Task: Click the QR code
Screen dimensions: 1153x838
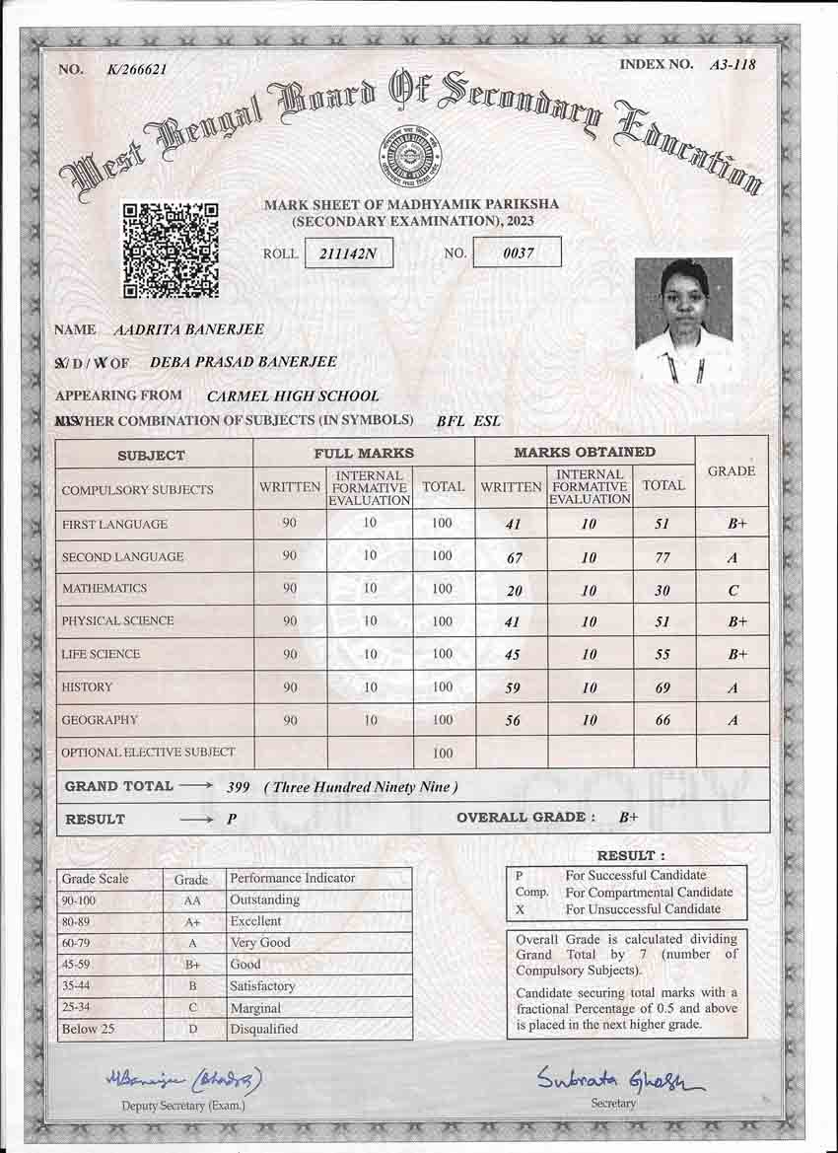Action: (170, 251)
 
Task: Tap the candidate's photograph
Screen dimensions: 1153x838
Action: (683, 321)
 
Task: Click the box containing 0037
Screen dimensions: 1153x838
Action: (518, 252)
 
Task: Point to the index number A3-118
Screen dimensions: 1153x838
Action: (733, 65)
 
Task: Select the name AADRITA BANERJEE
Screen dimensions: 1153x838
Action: (189, 329)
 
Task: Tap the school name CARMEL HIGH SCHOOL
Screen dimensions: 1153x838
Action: (293, 396)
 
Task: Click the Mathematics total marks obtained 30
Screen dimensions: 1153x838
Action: (663, 590)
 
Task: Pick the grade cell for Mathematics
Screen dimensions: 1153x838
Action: (733, 590)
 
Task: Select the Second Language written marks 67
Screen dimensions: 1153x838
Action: (513, 558)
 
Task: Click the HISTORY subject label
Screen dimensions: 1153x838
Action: (87, 686)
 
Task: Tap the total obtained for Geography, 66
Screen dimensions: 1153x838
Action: (663, 721)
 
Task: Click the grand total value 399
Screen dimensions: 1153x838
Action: (238, 787)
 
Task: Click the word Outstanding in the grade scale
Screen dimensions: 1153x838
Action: (264, 900)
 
